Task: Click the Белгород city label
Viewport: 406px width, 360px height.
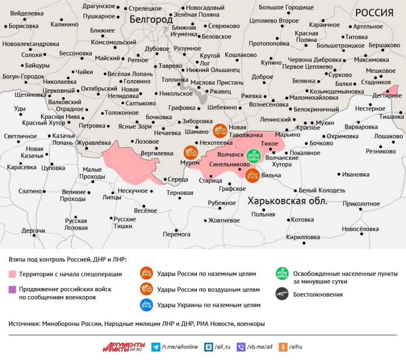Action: click(151, 19)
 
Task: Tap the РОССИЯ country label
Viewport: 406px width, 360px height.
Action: click(374, 13)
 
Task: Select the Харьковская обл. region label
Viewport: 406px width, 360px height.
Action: click(288, 201)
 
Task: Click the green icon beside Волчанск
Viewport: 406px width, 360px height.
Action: click(254, 156)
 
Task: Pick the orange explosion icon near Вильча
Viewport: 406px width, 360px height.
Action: click(252, 175)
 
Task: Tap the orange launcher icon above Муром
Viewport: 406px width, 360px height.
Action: click(190, 153)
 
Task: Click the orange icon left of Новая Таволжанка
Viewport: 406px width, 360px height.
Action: click(220, 130)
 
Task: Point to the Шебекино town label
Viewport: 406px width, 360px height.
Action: click(222, 108)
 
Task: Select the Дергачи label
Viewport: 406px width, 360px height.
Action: click(33, 231)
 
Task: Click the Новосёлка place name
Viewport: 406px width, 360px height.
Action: click(360, 229)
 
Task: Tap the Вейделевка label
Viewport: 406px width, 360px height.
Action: click(27, 13)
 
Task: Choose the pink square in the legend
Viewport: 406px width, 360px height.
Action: click(12, 274)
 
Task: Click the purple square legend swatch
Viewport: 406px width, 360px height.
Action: click(12, 289)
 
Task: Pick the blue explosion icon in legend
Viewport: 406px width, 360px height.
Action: click(146, 305)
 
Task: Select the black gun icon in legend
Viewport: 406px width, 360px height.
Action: click(282, 294)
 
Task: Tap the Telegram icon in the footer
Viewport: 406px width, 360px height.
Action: click(156, 347)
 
